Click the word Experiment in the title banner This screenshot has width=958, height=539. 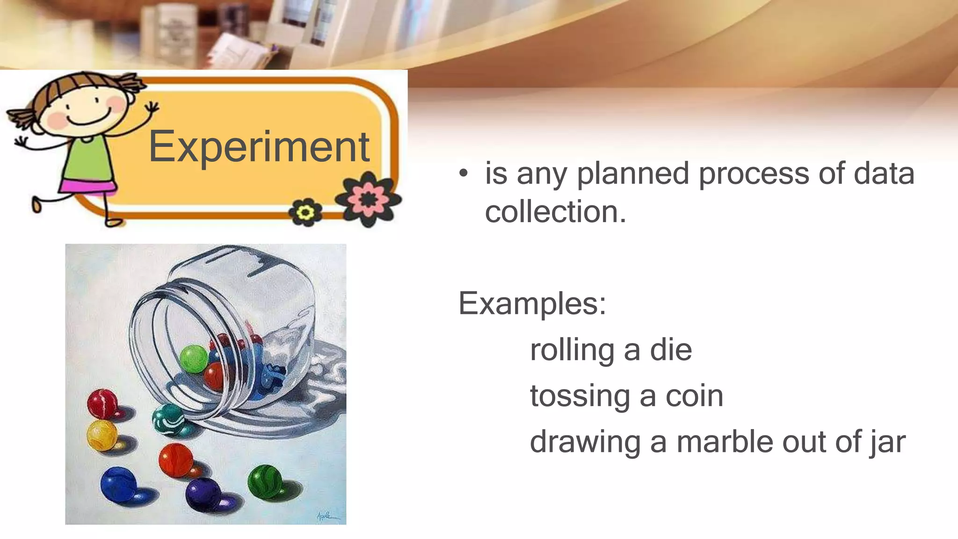tap(259, 147)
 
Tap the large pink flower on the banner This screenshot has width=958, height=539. tap(369, 199)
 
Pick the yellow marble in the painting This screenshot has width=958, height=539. tap(102, 435)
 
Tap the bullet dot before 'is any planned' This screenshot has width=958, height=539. tap(463, 174)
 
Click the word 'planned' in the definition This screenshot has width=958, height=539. tap(633, 174)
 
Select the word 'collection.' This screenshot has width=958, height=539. tap(555, 212)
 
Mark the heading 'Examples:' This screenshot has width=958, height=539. tap(532, 304)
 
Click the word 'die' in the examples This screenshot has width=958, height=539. tap(671, 350)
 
